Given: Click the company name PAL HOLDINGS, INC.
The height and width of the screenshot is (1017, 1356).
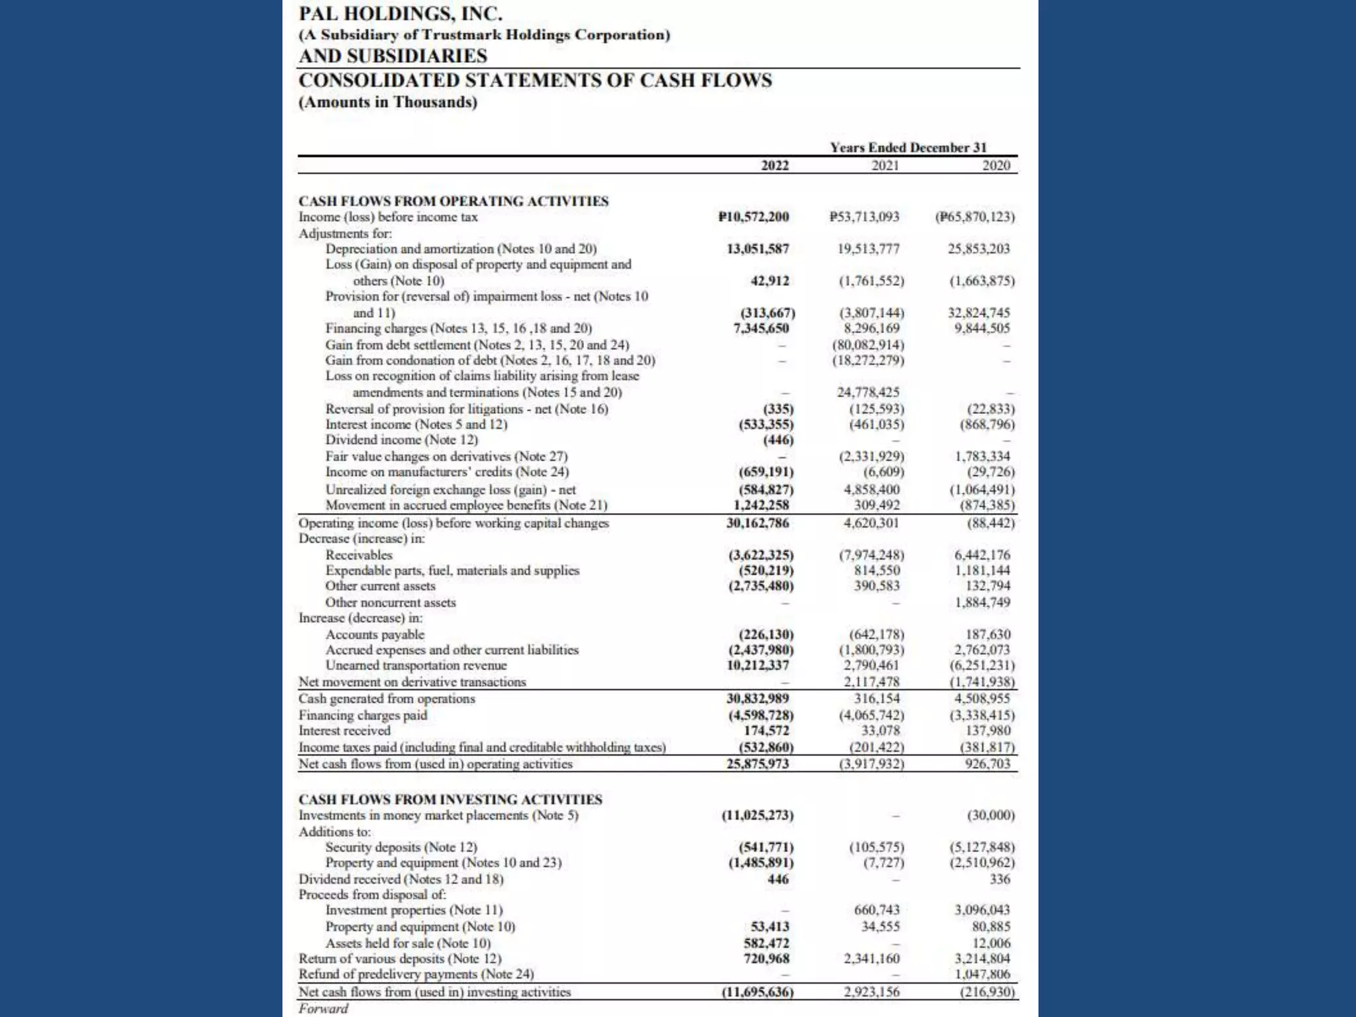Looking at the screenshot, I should click(x=401, y=13).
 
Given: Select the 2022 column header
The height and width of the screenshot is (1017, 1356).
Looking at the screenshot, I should click(x=775, y=166).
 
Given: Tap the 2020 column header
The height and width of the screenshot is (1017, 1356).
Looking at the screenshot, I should click(x=996, y=166).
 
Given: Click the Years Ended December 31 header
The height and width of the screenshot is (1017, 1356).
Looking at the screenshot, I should click(x=908, y=148).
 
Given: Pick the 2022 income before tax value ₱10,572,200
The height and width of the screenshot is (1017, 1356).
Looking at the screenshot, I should click(x=753, y=217).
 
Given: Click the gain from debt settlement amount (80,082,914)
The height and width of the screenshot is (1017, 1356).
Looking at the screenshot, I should click(x=868, y=345).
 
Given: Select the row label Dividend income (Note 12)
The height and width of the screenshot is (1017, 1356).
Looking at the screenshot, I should click(x=401, y=440).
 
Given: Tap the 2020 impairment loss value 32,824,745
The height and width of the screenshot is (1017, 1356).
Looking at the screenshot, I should click(x=979, y=313).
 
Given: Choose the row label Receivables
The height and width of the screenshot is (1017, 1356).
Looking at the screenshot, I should click(x=358, y=555).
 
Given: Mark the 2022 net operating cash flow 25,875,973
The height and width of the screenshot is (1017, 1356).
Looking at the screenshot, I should click(x=758, y=763).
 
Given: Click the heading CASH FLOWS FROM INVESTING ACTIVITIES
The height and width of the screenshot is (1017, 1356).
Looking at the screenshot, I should click(x=450, y=799).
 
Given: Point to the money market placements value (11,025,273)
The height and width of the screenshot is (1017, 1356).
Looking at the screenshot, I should click(x=757, y=815).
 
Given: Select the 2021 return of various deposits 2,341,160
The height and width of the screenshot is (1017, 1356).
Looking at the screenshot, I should click(x=871, y=959).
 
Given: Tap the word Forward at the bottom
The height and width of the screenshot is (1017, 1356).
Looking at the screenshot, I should click(x=323, y=1008).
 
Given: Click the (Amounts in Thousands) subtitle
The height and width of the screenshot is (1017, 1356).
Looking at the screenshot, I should click(x=387, y=102).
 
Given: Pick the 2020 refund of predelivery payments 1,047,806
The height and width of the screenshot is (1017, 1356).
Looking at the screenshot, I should click(x=983, y=974).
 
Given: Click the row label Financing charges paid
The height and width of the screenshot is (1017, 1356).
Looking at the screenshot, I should click(x=363, y=715).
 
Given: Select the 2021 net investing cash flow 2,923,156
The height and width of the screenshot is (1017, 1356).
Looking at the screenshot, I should click(x=871, y=992).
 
